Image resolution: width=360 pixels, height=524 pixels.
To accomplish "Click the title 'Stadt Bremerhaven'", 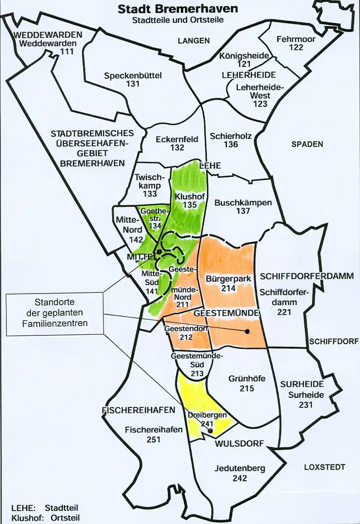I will pos(178,9).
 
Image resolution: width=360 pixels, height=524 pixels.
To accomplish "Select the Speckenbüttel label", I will pos(133,76).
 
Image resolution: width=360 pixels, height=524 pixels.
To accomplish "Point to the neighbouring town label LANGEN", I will pos(194,41).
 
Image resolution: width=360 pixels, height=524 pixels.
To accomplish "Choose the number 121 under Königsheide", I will pos(243,64).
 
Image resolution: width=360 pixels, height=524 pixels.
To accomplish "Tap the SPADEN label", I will pos(307,145).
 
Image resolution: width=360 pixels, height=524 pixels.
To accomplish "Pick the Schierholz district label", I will pos(231,136).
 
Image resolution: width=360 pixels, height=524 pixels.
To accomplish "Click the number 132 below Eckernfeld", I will pos(177,148).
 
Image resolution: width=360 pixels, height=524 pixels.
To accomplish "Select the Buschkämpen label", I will pos(243,202).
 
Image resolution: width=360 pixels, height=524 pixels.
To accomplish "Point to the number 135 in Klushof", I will pos(189,205).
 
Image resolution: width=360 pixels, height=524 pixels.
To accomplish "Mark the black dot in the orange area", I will pos(247,331).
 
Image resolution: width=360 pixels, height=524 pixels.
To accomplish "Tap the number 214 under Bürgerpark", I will pos(228,289).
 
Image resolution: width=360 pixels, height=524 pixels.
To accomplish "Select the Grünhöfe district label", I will pos(247,379).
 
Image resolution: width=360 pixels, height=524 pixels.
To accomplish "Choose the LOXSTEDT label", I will pos(324,467).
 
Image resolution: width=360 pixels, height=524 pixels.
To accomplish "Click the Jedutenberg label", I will pos(240,469).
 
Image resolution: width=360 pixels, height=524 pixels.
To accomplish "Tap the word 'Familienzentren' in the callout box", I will pos(55,323).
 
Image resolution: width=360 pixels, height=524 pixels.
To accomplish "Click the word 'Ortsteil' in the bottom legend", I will pos(65,518).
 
